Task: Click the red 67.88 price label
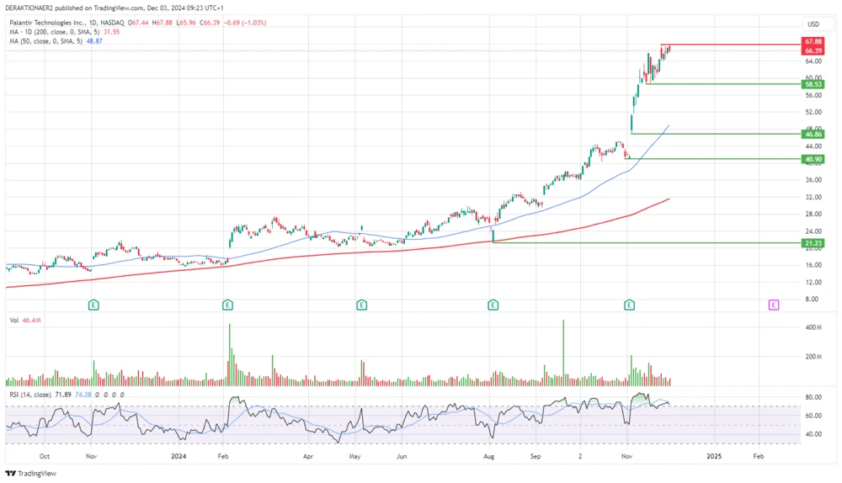coord(813,41)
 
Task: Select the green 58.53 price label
coord(813,84)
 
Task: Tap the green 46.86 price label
coord(813,134)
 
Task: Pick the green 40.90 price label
coord(813,159)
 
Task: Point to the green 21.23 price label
coord(813,243)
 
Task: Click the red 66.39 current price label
coord(813,50)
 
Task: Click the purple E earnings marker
coord(773,304)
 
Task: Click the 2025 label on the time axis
coord(713,456)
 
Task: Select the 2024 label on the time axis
coord(178,456)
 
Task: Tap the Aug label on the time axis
coord(488,456)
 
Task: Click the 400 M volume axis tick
coord(813,327)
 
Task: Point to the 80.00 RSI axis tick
coord(813,397)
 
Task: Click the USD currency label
coord(813,24)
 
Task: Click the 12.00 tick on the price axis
coord(813,282)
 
